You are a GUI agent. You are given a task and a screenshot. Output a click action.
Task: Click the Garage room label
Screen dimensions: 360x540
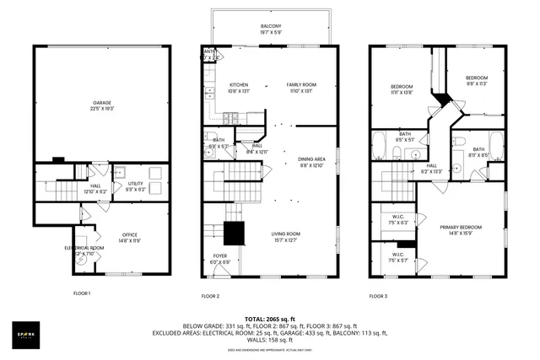[101, 105]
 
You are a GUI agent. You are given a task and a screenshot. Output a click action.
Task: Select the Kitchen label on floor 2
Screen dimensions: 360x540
[239, 87]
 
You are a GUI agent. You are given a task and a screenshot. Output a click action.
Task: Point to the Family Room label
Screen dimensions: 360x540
[301, 87]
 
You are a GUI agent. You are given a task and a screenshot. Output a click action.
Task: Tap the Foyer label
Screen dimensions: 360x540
[219, 257]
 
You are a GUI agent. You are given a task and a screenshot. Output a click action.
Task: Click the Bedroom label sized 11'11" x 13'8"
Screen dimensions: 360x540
[402, 89]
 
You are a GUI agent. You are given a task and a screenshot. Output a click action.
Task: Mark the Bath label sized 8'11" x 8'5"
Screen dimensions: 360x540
[478, 152]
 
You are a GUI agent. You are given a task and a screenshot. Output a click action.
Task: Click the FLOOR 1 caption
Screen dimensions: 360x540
[82, 293]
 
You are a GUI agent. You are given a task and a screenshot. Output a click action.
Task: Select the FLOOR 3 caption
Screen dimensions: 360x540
[379, 296]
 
